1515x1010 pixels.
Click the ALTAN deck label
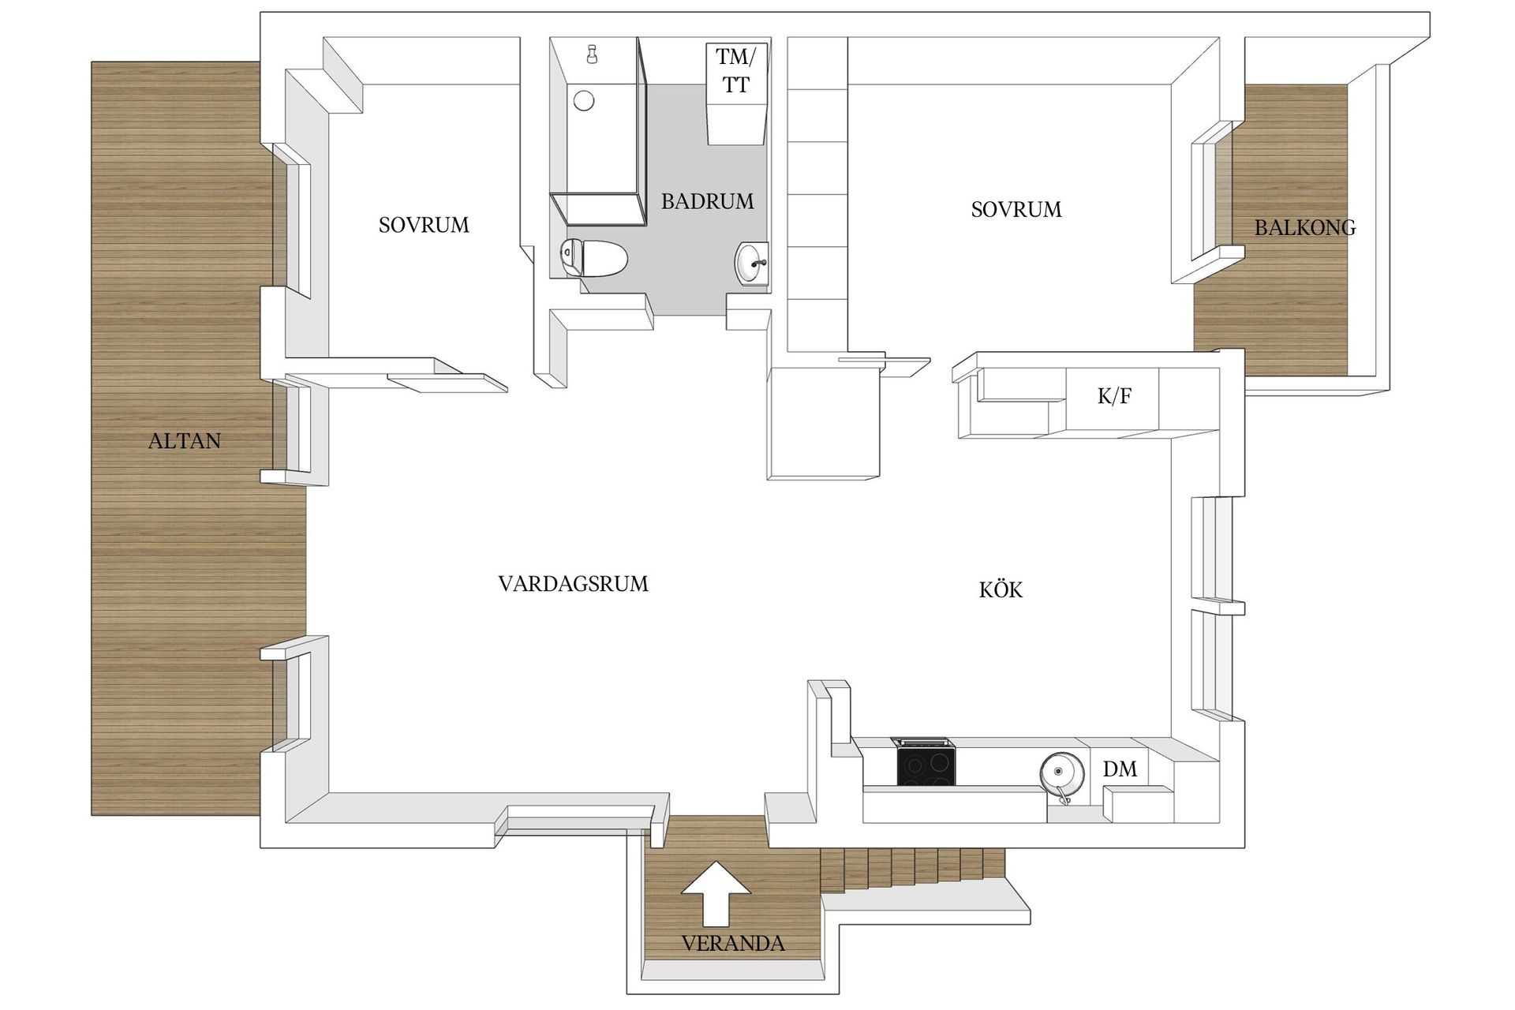click(185, 440)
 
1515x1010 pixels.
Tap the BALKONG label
click(1305, 228)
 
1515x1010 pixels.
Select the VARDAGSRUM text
click(573, 584)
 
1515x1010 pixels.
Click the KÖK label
click(1001, 589)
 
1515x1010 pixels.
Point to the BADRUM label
click(707, 201)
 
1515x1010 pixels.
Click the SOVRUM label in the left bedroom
click(424, 225)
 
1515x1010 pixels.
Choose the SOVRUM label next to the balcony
click(1016, 209)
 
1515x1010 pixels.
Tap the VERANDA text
click(733, 943)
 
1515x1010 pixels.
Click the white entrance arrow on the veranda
click(716, 892)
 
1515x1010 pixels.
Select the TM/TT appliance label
click(735, 70)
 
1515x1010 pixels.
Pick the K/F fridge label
click(1114, 396)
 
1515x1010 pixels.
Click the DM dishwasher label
click(1120, 769)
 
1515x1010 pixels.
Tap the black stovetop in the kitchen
click(926, 765)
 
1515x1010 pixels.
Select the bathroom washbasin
click(751, 262)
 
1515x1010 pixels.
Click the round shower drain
click(584, 100)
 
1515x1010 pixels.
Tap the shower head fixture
click(591, 54)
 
